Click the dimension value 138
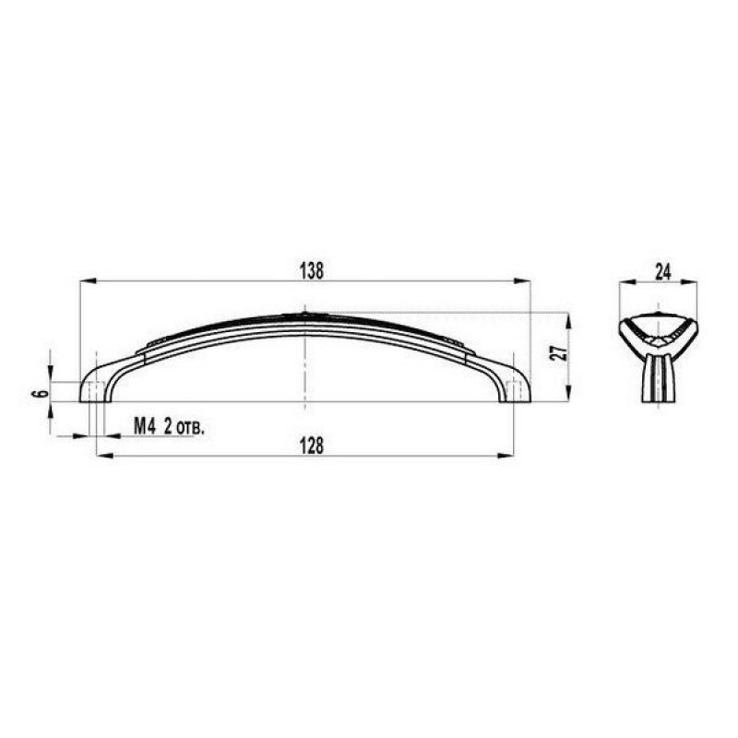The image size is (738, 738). pyautogui.click(x=312, y=271)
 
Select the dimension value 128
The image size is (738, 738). pyautogui.click(x=312, y=446)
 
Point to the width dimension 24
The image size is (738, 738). pyautogui.click(x=662, y=272)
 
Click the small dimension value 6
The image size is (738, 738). pyautogui.click(x=42, y=393)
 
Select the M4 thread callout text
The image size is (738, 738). pyautogui.click(x=145, y=426)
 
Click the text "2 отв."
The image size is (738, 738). pyautogui.click(x=184, y=427)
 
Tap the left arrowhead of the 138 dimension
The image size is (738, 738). pyautogui.click(x=89, y=281)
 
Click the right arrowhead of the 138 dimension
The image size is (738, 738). pyautogui.click(x=522, y=281)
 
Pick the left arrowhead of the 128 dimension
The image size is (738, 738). pyautogui.click(x=104, y=456)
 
